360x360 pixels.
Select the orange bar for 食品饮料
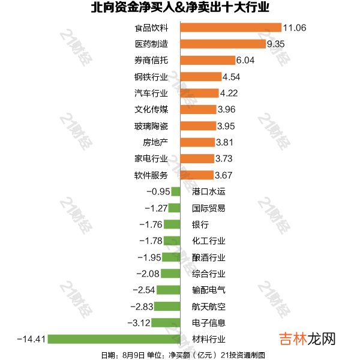coord(231,28)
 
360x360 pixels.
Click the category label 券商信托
coord(151,61)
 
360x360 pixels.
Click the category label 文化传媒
coord(151,109)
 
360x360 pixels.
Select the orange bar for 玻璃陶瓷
coord(198,126)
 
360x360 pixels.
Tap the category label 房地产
coord(155,142)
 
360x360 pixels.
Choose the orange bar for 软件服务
coord(197,175)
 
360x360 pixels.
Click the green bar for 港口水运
coord(176,192)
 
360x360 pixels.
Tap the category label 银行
coord(200,224)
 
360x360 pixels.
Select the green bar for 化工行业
coord(172,241)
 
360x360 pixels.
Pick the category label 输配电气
coord(209,290)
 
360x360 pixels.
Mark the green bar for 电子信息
coord(166,323)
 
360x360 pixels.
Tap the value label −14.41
coord(32,340)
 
